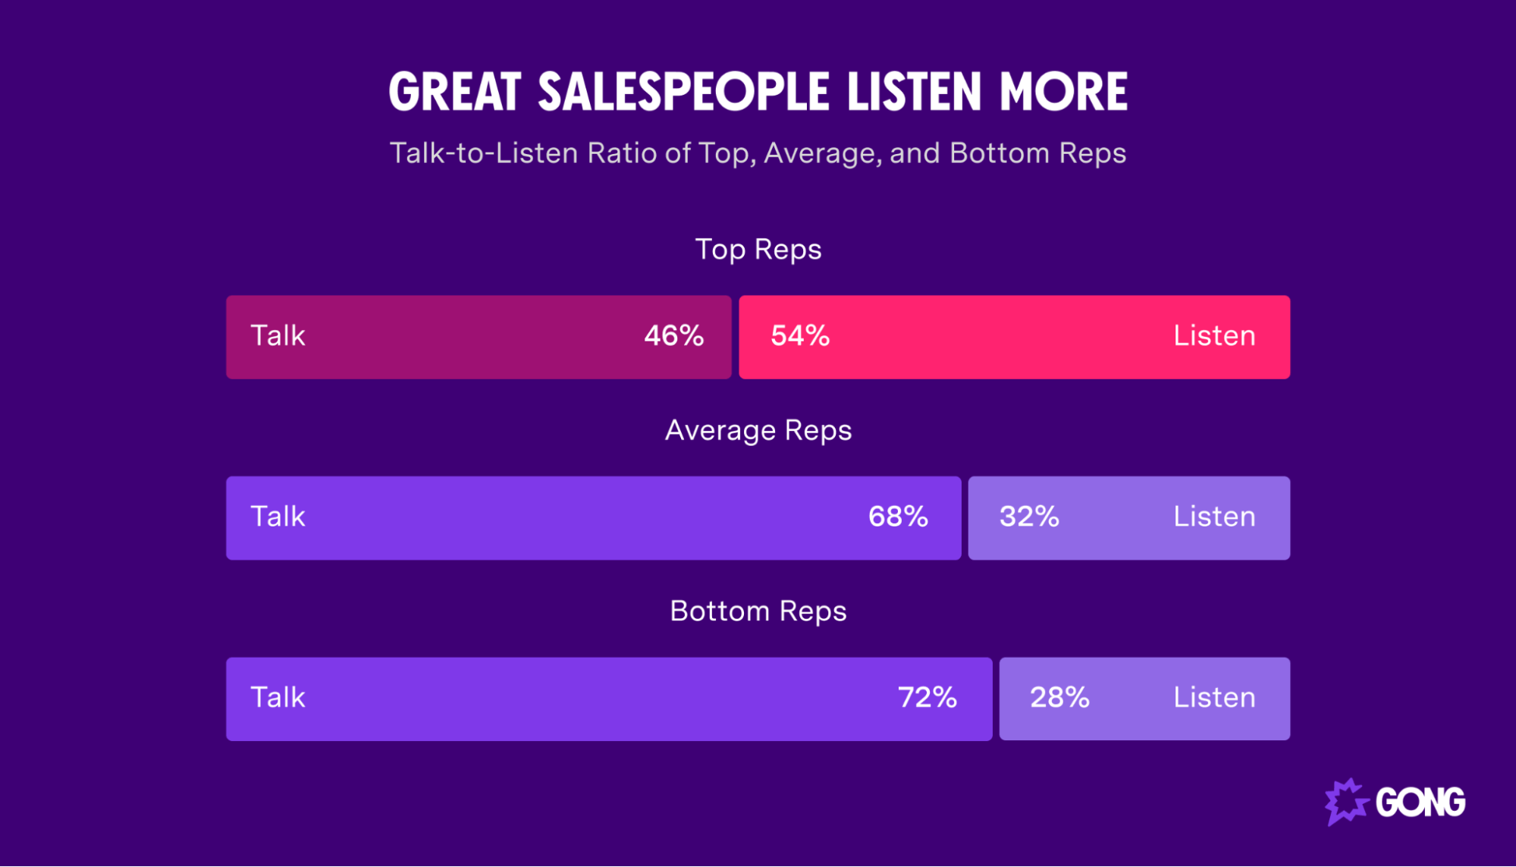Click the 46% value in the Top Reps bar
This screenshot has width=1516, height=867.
tap(673, 336)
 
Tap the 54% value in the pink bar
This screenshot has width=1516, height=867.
tap(800, 336)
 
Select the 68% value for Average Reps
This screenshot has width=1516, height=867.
tap(898, 517)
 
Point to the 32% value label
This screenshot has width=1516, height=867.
tap(1028, 517)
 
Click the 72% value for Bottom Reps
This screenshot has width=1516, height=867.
tap(927, 698)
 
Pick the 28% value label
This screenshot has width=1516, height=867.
tap(1059, 698)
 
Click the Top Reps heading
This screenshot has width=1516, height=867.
tap(758, 250)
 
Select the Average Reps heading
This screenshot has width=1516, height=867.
tap(758, 431)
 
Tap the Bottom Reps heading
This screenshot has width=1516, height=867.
tap(758, 611)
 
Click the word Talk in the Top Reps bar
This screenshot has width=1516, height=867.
tap(278, 336)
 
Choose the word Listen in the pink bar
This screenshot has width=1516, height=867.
tap(1214, 336)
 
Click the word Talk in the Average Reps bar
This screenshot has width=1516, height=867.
tap(278, 517)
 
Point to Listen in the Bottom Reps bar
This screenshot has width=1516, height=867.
tap(1214, 698)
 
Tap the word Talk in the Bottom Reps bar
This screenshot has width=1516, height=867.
tap(278, 698)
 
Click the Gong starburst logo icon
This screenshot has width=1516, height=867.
tap(1345, 802)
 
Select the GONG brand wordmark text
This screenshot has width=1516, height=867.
tap(1420, 803)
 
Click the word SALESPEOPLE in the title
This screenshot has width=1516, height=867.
tap(684, 93)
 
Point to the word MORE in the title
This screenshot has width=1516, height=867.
tap(1063, 93)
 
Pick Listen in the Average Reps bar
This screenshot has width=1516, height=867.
tap(1214, 517)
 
